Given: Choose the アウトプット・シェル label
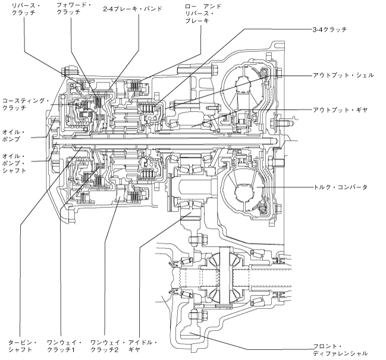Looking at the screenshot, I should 343,75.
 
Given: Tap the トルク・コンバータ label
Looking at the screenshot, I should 340,187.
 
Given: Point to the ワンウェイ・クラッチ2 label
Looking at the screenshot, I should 105,346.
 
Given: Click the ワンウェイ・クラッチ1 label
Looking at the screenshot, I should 64,346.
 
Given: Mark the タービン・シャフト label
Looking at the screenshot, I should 23,346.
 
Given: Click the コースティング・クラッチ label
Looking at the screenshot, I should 24,105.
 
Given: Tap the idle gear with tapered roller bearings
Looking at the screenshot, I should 189,193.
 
